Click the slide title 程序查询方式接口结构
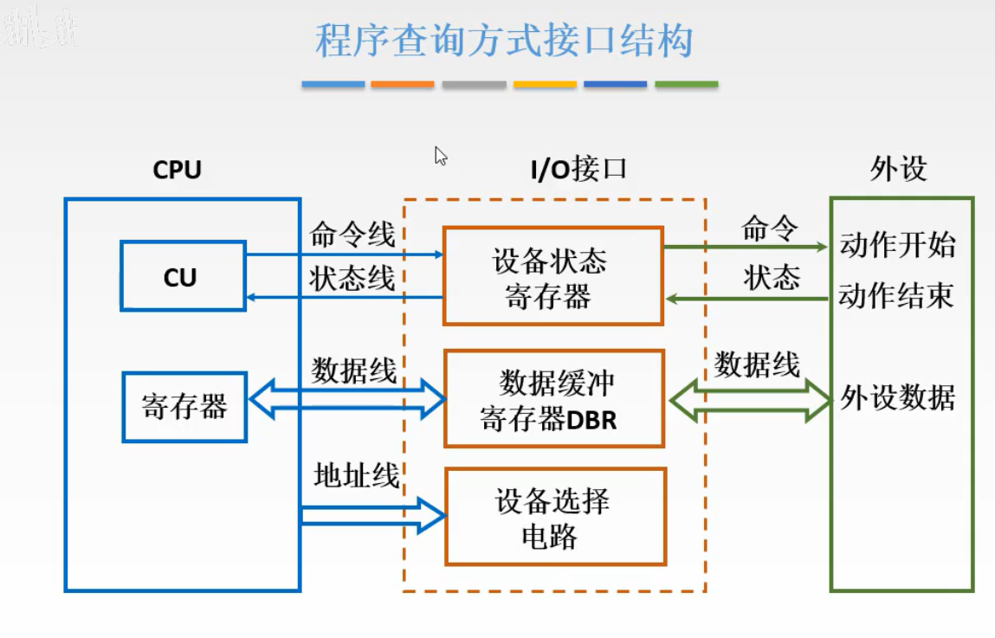click(x=503, y=41)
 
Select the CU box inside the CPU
click(x=183, y=277)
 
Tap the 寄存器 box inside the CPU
click(x=184, y=406)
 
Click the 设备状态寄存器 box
click(x=552, y=276)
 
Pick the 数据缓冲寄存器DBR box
click(x=553, y=398)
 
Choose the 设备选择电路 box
click(x=555, y=516)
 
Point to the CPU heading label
click(x=178, y=170)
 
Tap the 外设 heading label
click(x=898, y=169)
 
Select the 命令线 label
click(x=352, y=235)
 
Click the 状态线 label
click(x=352, y=279)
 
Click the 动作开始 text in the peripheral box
click(x=897, y=246)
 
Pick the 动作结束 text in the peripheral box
click(x=896, y=297)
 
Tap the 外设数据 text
click(x=898, y=399)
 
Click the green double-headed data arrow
click(x=750, y=399)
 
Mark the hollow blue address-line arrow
click(x=372, y=515)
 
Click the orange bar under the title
click(x=403, y=84)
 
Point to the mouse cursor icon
click(x=441, y=156)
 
